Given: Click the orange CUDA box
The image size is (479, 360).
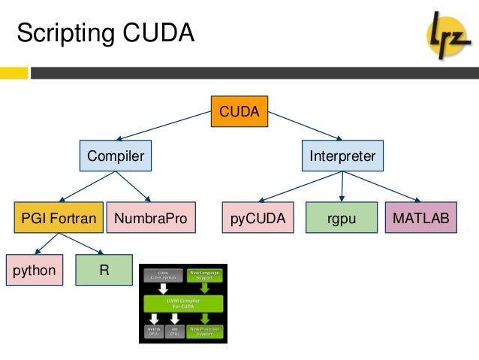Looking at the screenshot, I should (x=239, y=112).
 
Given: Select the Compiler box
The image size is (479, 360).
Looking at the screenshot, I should (x=115, y=156).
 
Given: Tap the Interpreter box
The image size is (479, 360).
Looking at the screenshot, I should (x=342, y=156).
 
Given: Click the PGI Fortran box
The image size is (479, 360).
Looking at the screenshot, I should (x=57, y=219).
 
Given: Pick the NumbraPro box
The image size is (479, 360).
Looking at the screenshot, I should (x=150, y=219).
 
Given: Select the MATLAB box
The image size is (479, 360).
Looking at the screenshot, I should (x=420, y=219).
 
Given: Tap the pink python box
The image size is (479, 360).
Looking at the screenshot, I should (x=35, y=270).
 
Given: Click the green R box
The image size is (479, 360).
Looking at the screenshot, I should (x=104, y=270).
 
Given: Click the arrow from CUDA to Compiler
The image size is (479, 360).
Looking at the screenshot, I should (x=177, y=126).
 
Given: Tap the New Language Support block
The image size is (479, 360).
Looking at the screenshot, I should (x=206, y=275).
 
